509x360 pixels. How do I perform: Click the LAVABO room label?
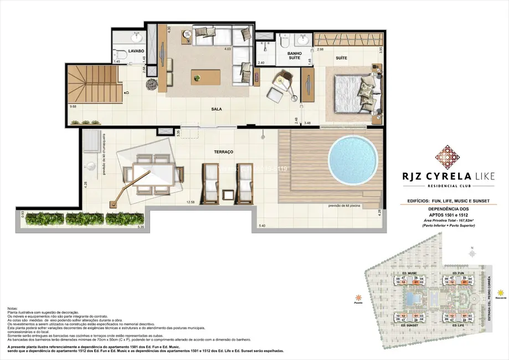click(136, 50)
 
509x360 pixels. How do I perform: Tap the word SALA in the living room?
click(217, 110)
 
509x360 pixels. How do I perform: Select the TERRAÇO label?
click(223, 151)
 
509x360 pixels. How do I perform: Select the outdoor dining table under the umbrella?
click(153, 173)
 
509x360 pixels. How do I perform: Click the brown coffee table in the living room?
click(205, 78)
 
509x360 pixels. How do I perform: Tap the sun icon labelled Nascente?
click(501, 291)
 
